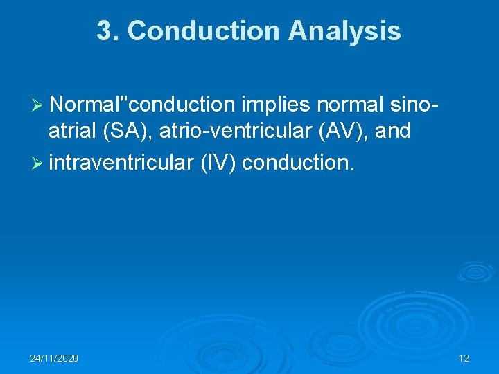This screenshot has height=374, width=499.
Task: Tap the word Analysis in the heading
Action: click(x=344, y=31)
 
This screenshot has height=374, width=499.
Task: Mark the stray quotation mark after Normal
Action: click(x=125, y=100)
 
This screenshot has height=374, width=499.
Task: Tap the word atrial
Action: click(x=71, y=130)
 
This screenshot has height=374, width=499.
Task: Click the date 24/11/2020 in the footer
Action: click(x=54, y=358)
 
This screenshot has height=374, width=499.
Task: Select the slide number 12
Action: click(x=464, y=358)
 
